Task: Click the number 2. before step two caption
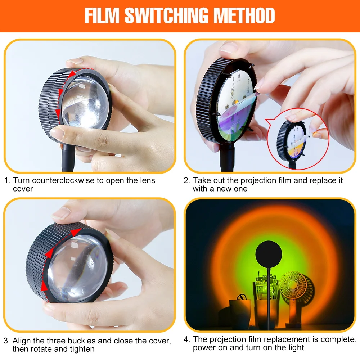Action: tap(186, 180)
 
